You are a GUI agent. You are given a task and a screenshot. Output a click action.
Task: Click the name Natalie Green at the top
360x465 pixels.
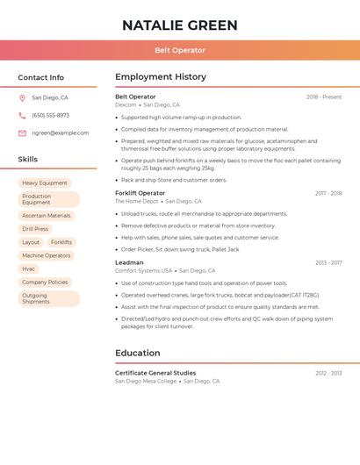coord(179,24)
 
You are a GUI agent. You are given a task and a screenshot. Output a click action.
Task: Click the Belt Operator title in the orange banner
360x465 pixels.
coord(179,51)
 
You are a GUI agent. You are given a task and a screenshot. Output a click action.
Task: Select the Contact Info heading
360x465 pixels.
coord(41,78)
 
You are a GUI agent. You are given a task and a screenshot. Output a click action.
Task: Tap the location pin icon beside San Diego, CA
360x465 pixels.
coord(22,98)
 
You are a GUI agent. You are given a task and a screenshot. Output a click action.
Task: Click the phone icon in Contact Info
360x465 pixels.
coord(22,116)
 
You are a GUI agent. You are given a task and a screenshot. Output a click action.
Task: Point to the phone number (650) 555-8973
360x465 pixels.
coord(50,116)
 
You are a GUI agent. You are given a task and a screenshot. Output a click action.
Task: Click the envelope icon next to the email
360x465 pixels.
coord(22,133)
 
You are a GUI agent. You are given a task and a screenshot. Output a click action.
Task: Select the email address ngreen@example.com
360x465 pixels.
coord(60,133)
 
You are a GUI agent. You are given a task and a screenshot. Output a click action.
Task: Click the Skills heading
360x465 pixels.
coord(28,160)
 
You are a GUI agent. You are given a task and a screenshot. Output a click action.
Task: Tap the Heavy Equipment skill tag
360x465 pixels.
coord(45,182)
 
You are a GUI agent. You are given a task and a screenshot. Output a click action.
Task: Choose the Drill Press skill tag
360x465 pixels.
coord(35,229)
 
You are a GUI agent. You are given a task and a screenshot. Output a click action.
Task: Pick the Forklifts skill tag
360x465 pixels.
coord(61,242)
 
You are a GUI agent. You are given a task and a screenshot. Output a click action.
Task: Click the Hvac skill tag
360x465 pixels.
coord(29,268)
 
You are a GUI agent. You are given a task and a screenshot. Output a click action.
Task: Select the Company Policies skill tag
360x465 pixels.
coord(45,283)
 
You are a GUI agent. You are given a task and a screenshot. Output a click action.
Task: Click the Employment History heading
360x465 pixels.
coord(161,77)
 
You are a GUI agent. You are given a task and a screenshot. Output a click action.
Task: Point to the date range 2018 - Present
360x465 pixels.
coord(324,97)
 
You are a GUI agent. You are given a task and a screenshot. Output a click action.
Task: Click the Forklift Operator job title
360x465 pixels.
coord(140,193)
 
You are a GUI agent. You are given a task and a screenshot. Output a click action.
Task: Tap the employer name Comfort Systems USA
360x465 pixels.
coord(143,271)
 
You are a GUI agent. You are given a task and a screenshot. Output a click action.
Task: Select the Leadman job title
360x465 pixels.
coord(129,262)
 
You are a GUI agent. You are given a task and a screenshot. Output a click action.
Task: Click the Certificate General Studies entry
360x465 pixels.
coord(155,373)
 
